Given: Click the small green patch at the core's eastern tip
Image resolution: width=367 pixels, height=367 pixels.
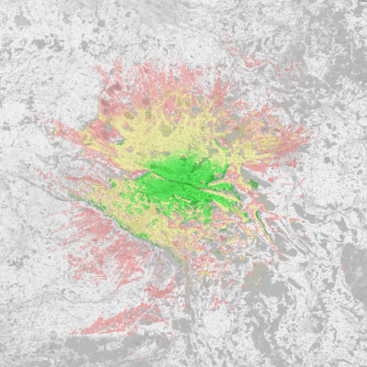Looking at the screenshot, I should click(252, 184).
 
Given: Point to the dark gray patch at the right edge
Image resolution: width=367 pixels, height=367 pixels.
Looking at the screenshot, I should click(353, 266).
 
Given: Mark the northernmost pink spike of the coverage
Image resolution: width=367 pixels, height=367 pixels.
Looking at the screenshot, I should click(120, 64).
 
